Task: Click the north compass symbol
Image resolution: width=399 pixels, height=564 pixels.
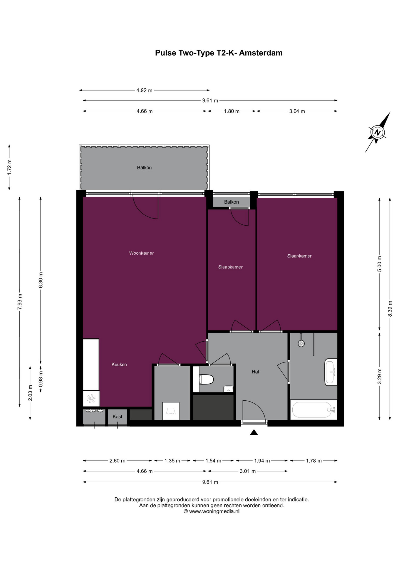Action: click(377, 132)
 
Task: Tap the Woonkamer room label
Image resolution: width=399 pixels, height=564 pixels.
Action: click(141, 253)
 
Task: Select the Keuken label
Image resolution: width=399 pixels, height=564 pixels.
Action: click(119, 365)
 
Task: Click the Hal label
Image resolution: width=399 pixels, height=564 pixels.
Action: click(255, 372)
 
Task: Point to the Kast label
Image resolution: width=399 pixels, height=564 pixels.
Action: click(118, 417)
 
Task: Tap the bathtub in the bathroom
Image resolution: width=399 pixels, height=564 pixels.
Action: click(313, 409)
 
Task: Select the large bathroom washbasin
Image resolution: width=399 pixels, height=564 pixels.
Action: click(331, 372)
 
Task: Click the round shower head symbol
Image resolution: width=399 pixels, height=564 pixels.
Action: click(301, 343)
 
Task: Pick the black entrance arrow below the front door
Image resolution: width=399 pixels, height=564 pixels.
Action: click(254, 432)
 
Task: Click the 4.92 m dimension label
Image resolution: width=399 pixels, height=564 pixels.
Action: click(144, 90)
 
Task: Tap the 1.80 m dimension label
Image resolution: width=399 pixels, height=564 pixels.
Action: click(232, 111)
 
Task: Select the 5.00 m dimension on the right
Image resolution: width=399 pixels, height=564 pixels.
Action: click(379, 264)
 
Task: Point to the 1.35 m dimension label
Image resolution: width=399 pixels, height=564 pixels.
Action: click(172, 461)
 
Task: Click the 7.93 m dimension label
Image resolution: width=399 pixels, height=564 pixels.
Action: click(20, 301)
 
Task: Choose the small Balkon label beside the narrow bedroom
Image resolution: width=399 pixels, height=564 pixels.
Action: click(232, 202)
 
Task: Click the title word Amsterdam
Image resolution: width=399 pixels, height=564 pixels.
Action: click(261, 53)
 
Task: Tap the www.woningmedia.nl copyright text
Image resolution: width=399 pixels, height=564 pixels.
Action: click(211, 511)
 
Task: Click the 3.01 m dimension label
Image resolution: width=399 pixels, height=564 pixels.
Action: click(248, 471)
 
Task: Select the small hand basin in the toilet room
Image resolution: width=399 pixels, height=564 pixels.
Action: click(228, 389)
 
